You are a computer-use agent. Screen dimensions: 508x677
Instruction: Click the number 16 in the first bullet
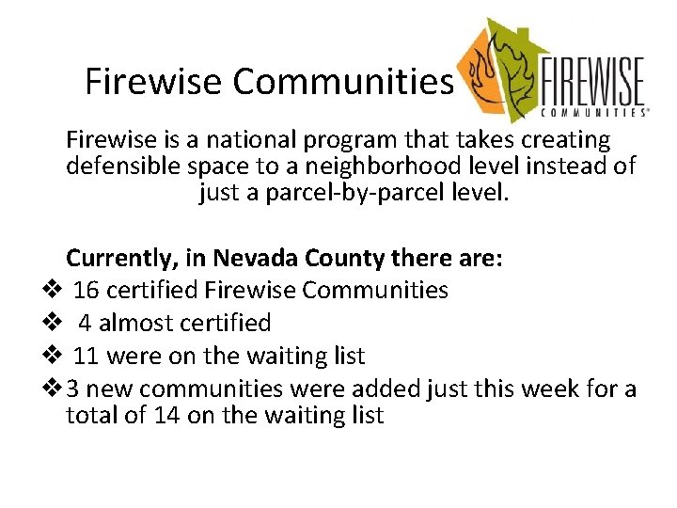pos(87,291)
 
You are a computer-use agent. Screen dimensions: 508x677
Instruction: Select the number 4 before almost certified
pos(86,324)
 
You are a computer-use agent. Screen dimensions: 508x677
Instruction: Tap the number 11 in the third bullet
pos(87,357)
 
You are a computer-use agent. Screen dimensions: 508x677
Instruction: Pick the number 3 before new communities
pos(73,389)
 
